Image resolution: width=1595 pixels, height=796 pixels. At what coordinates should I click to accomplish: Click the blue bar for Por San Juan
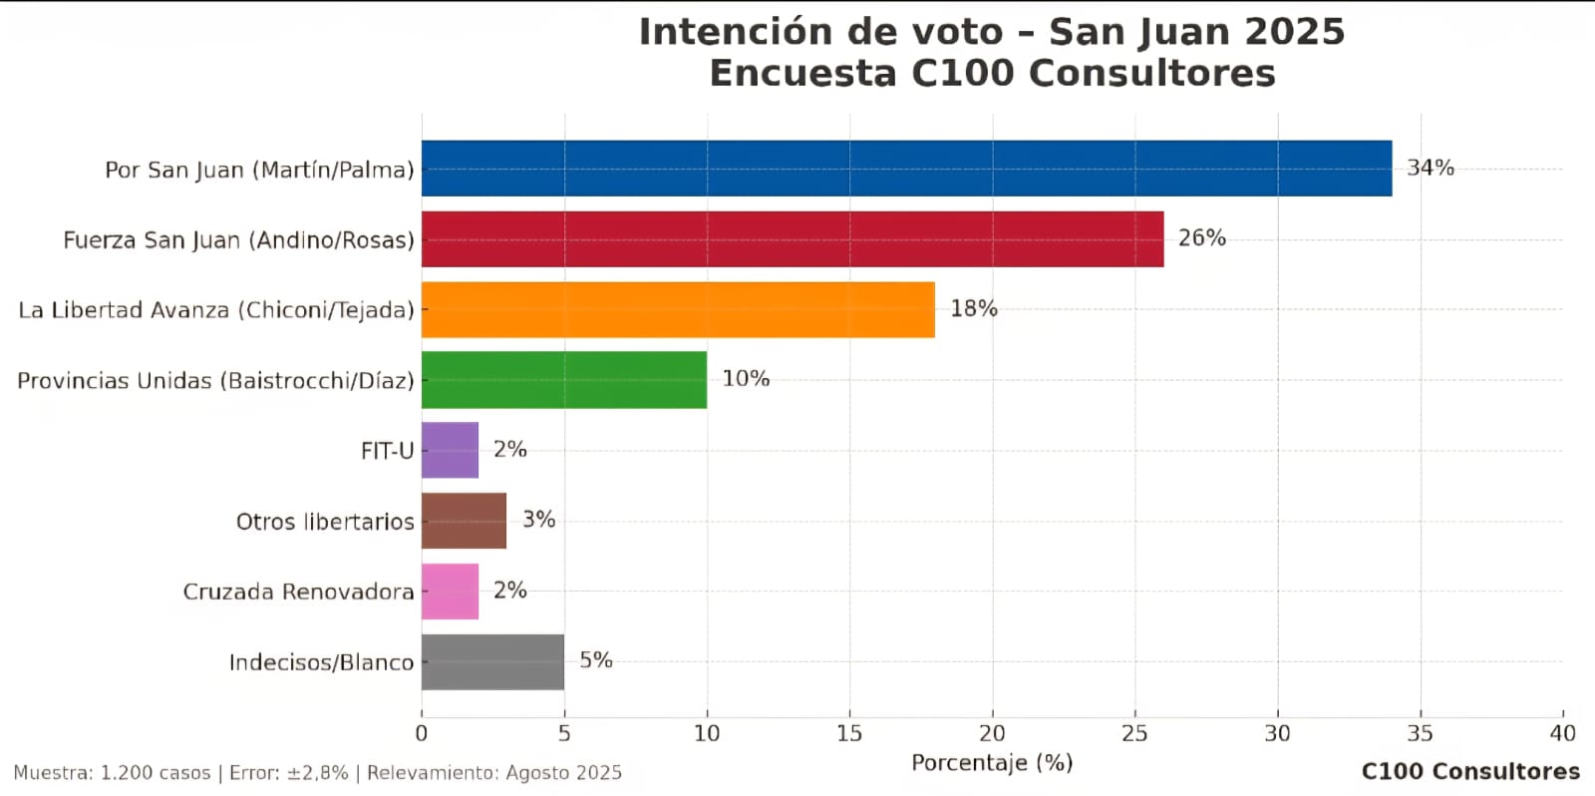pyautogui.click(x=906, y=169)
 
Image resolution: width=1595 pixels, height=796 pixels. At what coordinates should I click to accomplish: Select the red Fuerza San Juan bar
pyautogui.click(x=793, y=238)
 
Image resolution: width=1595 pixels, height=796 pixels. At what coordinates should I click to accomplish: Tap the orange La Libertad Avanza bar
pyautogui.click(x=678, y=309)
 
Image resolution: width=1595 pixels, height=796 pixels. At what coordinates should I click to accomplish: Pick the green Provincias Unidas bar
pyautogui.click(x=564, y=380)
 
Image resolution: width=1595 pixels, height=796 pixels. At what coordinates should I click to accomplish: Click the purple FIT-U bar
pyautogui.click(x=450, y=450)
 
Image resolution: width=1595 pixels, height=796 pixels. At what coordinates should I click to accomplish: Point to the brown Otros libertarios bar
pyautogui.click(x=465, y=521)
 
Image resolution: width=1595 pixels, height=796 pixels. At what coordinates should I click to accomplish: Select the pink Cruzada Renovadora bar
pyautogui.click(x=450, y=591)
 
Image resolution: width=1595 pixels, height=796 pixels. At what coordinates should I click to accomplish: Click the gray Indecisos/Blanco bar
pyautogui.click(x=492, y=661)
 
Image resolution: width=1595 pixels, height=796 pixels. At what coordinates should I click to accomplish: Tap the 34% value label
pyautogui.click(x=1431, y=168)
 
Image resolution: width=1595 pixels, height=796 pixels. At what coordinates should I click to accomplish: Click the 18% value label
pyautogui.click(x=974, y=308)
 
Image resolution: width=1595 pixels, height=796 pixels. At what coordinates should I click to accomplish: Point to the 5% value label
pyautogui.click(x=596, y=660)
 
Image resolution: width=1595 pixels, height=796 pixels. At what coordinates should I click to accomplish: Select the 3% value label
pyautogui.click(x=539, y=519)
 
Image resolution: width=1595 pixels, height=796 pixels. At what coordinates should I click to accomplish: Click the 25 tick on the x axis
pyautogui.click(x=1135, y=733)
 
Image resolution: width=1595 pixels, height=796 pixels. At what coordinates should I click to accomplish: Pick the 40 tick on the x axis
pyautogui.click(x=1563, y=733)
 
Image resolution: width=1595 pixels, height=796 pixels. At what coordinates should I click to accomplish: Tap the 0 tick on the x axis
pyautogui.click(x=422, y=733)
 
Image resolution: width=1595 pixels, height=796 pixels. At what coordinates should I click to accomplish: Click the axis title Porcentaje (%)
pyautogui.click(x=992, y=763)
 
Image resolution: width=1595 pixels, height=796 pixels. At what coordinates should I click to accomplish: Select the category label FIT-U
pyautogui.click(x=388, y=451)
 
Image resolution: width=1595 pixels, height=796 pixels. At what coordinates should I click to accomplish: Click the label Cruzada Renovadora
pyautogui.click(x=298, y=592)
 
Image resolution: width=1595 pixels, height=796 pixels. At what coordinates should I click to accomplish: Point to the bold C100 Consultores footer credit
pyautogui.click(x=1470, y=771)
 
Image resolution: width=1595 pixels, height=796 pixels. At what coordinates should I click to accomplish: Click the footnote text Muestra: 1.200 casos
pyautogui.click(x=112, y=773)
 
